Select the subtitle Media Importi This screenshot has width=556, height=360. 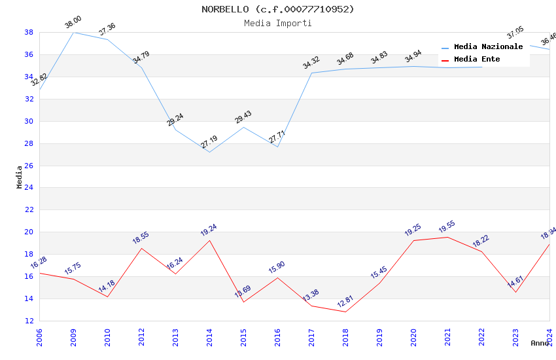[x=277, y=24]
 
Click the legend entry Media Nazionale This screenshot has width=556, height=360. [x=488, y=47]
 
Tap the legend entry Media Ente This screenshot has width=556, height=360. [x=476, y=60]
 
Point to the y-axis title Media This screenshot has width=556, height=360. [x=20, y=177]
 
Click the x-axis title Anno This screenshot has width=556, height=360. [x=540, y=343]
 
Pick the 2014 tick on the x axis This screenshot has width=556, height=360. [x=209, y=337]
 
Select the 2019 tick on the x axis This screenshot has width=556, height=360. [x=379, y=337]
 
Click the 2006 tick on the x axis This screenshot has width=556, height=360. [x=39, y=337]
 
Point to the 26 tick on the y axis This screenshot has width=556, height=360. [x=29, y=166]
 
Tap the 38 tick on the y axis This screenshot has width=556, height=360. [x=29, y=32]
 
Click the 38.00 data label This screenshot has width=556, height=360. [x=73, y=24]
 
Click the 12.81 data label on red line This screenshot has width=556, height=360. [x=345, y=302]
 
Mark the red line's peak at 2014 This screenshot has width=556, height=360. [x=209, y=240]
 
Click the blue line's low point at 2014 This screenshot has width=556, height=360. [x=209, y=153]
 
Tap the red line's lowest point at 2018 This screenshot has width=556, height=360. [x=345, y=312]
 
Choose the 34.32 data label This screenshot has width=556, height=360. [x=311, y=63]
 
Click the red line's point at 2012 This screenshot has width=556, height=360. [x=141, y=247]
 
